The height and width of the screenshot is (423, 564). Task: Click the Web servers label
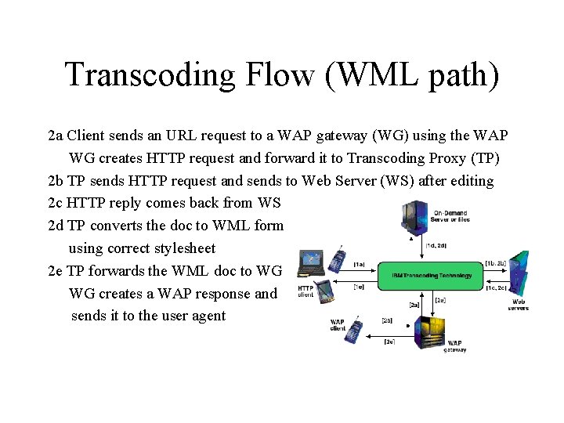pos(519,305)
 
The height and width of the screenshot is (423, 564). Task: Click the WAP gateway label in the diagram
pos(454,346)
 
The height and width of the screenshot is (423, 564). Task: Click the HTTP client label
pos(305,291)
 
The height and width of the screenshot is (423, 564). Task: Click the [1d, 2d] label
pos(436,245)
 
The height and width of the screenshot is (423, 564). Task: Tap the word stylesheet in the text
pos(186,248)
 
